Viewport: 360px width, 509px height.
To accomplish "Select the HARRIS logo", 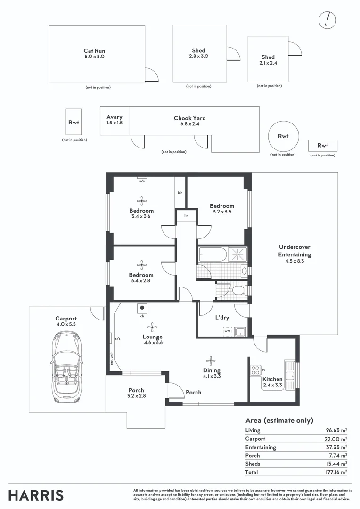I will [x=36, y=495].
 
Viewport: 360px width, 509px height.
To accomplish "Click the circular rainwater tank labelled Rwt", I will [x=283, y=136].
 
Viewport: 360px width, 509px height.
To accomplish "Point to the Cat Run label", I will [x=94, y=53].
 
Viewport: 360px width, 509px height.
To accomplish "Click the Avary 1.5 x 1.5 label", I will [x=115, y=120].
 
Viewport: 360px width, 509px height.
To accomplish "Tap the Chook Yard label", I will [x=189, y=121].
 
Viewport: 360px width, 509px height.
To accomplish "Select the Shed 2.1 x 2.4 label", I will [x=268, y=60].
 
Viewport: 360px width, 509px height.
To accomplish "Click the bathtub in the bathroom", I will [x=213, y=255].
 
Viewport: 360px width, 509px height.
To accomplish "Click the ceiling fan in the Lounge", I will [x=152, y=326].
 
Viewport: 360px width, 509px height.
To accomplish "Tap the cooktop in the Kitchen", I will [x=255, y=370].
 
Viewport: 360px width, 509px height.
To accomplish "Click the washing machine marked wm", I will [x=228, y=331].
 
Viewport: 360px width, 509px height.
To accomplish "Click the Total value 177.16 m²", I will [x=336, y=472].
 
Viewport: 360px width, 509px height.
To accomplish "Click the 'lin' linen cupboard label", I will [x=186, y=215].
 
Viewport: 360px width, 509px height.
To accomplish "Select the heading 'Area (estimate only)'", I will [x=279, y=420].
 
